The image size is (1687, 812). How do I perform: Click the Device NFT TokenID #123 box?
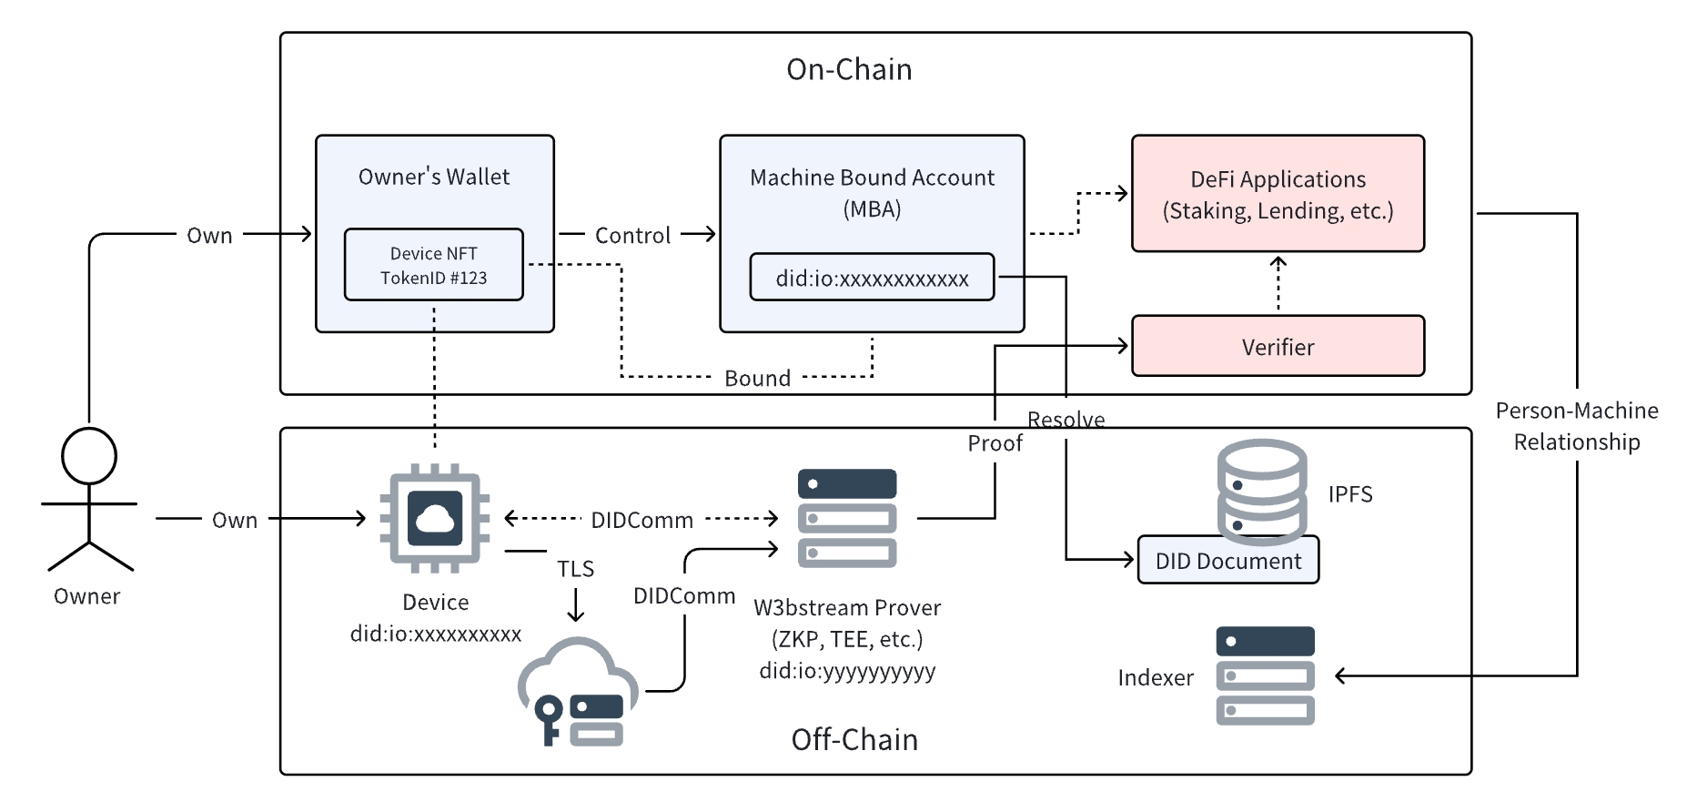tap(433, 265)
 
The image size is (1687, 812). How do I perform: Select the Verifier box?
tap(1278, 346)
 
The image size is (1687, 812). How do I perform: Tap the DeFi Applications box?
tap(1278, 194)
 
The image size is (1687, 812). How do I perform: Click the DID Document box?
tap(1227, 561)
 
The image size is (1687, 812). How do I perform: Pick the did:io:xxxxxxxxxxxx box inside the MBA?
tap(872, 278)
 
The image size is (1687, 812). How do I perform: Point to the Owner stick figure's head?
tap(89, 456)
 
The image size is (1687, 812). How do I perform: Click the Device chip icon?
tap(435, 518)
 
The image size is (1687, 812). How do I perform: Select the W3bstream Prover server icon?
tap(847, 518)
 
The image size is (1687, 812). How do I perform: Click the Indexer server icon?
tap(1265, 675)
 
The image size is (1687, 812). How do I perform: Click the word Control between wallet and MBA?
tap(632, 236)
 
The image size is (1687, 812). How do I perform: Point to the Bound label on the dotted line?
tap(757, 379)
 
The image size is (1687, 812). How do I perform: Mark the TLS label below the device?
tap(575, 569)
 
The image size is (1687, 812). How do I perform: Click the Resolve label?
tap(1066, 420)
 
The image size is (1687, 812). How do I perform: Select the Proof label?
tap(995, 443)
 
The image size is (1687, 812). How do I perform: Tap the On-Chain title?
tap(849, 70)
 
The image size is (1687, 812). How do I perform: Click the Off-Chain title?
tap(854, 739)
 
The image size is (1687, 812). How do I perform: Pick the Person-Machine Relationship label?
tap(1576, 426)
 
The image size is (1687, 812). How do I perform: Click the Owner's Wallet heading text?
tap(434, 177)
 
